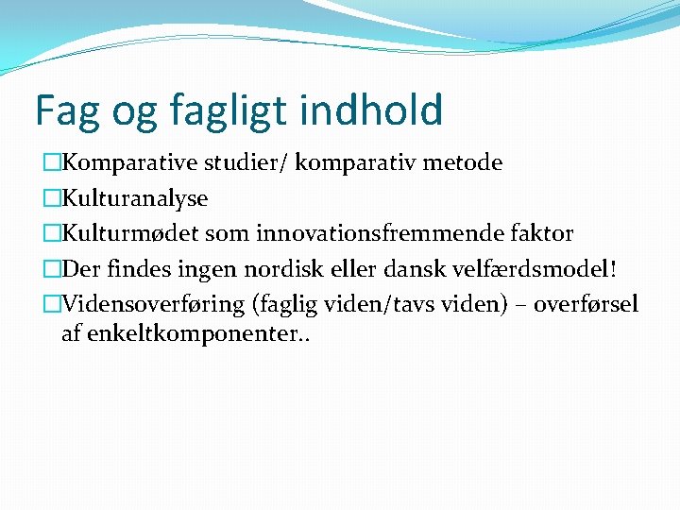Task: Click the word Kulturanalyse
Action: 135,199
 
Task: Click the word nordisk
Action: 283,269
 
